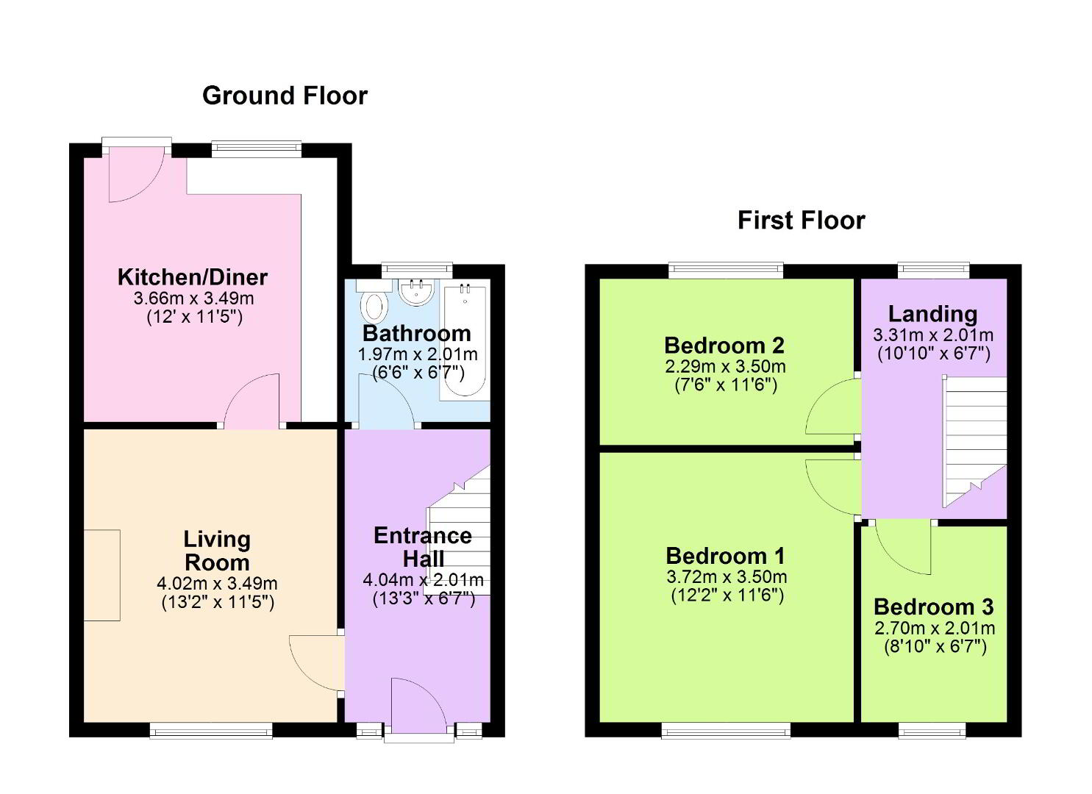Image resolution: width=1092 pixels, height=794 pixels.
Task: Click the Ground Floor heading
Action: pyautogui.click(x=285, y=96)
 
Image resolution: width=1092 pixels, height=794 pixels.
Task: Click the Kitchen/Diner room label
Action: pyautogui.click(x=193, y=277)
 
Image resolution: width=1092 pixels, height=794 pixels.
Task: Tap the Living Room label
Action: pyautogui.click(x=217, y=551)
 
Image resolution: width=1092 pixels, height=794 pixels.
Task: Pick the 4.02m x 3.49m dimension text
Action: pyautogui.click(x=218, y=584)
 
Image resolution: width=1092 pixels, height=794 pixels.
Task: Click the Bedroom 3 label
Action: pyautogui.click(x=934, y=607)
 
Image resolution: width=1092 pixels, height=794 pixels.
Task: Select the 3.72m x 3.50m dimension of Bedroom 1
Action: pyautogui.click(x=727, y=577)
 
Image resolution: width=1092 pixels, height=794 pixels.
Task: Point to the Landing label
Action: pyautogui.click(x=932, y=315)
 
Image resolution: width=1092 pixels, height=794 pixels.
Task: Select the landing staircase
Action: pyautogui.click(x=974, y=441)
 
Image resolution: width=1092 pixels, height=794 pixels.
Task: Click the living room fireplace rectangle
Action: pyautogui.click(x=102, y=575)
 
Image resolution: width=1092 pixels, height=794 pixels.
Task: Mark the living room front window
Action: pyautogui.click(x=210, y=730)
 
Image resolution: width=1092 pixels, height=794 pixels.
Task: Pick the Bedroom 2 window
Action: pyautogui.click(x=726, y=271)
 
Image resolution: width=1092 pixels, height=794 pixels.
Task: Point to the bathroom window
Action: pyautogui.click(x=417, y=271)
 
